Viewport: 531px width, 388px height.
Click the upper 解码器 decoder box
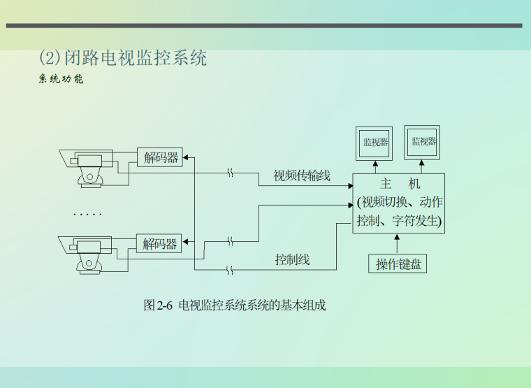click(x=161, y=157)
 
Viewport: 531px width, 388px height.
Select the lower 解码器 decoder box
click(x=160, y=244)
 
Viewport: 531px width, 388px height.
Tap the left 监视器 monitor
click(x=374, y=143)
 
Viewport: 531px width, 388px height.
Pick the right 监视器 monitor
click(x=423, y=142)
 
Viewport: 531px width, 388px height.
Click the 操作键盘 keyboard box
click(x=397, y=264)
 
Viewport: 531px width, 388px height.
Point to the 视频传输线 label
click(x=301, y=175)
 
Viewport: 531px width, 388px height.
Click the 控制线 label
click(x=292, y=260)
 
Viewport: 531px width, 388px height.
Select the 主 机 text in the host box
click(x=399, y=185)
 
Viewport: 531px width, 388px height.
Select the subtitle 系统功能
click(x=61, y=79)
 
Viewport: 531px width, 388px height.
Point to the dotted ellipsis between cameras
click(x=88, y=214)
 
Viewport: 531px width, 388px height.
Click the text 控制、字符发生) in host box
click(x=399, y=222)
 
